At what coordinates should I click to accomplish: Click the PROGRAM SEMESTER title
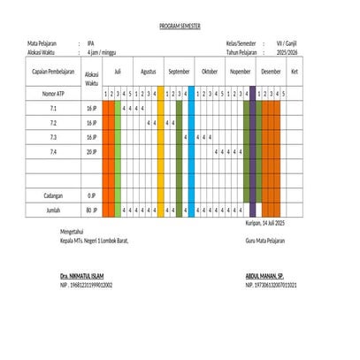pos(180,27)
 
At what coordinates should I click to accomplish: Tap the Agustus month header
pos(149,71)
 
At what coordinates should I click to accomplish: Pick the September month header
pos(179,71)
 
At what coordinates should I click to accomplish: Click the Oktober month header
pos(210,71)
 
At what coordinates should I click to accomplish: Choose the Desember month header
pos(272,71)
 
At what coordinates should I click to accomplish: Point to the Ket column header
pos(295,71)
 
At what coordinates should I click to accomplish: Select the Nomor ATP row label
pos(54,93)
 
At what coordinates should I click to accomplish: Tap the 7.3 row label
pos(54,138)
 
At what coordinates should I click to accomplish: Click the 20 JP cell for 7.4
pos(91,152)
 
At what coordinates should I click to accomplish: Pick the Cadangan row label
pos(54,195)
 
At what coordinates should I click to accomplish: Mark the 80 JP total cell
pos(91,210)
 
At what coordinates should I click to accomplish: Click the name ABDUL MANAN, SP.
pos(264,276)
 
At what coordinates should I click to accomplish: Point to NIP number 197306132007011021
pos(272,286)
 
